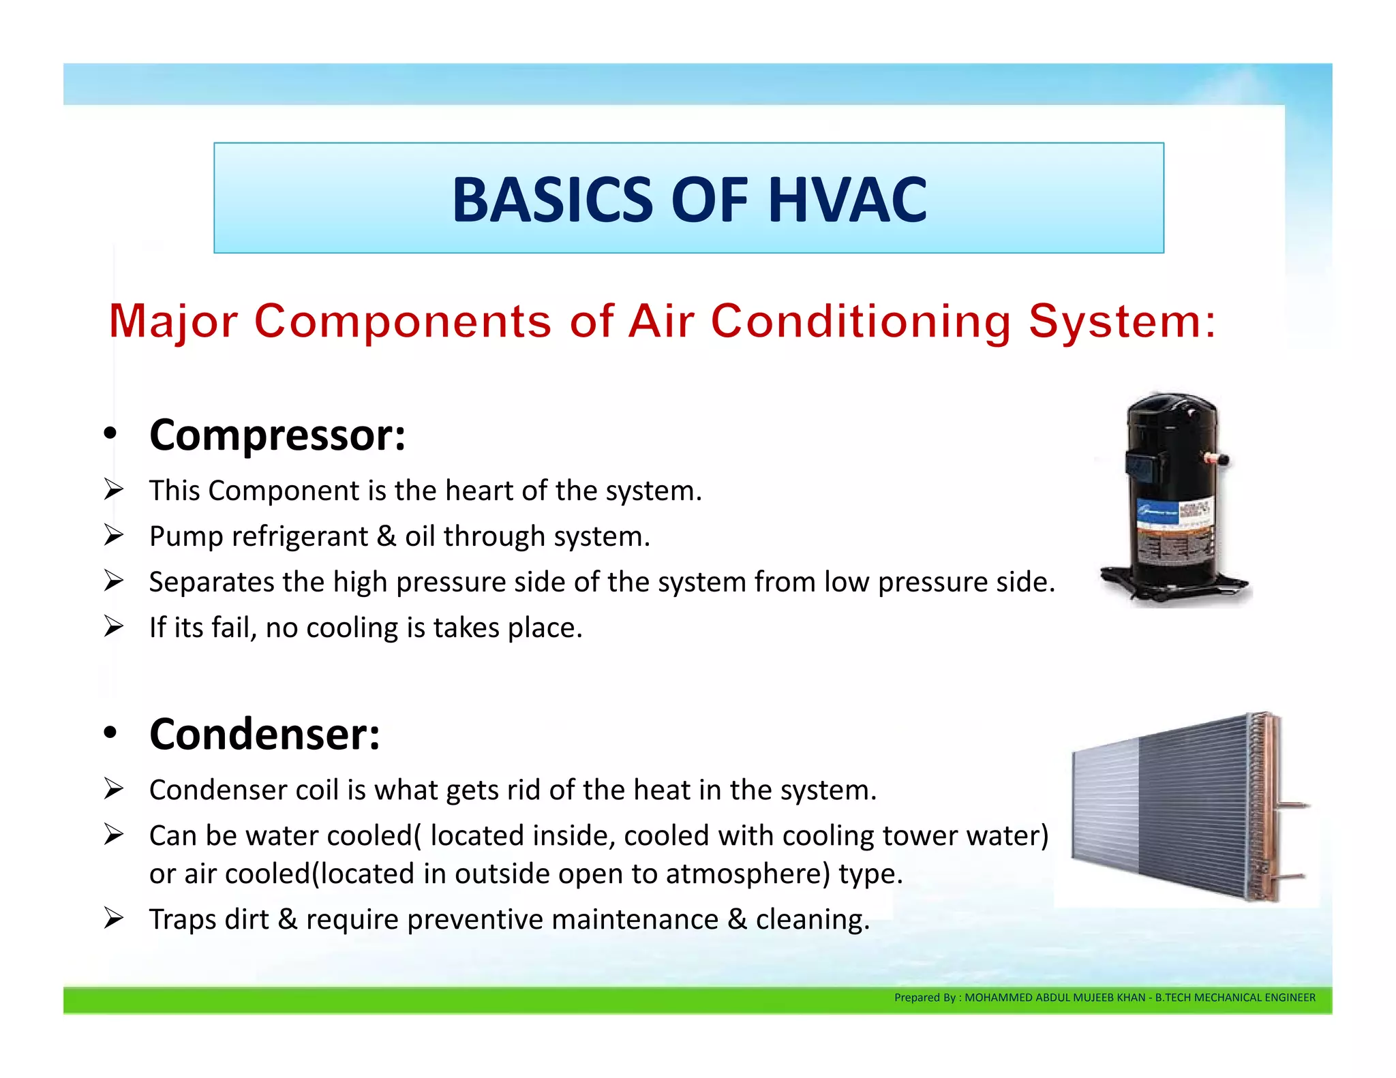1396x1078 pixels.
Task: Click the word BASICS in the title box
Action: tap(553, 200)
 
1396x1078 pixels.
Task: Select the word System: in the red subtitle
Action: tap(1122, 321)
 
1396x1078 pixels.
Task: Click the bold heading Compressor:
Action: tap(277, 435)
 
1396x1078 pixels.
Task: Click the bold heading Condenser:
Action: tap(264, 735)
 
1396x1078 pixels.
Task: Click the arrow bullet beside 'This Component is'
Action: tap(113, 489)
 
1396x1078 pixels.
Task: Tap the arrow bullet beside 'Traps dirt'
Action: tap(113, 919)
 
